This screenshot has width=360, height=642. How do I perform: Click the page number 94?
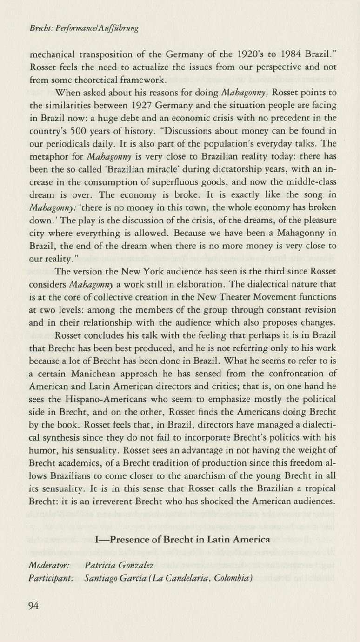click(x=33, y=605)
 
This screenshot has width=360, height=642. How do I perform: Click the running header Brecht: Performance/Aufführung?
click(x=84, y=28)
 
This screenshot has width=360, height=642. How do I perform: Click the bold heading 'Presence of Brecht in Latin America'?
click(x=182, y=540)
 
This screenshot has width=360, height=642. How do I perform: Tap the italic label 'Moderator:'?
click(x=49, y=565)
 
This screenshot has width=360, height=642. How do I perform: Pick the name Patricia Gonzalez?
click(x=120, y=565)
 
